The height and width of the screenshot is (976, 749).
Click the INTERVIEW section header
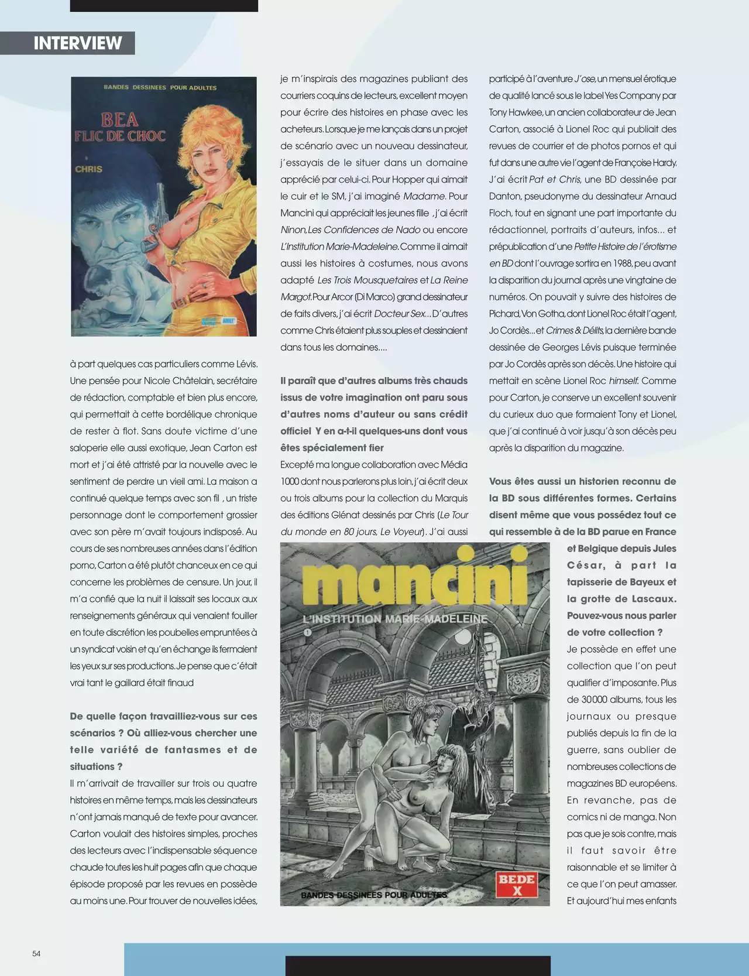[77, 43]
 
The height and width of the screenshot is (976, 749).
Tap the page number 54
[36, 953]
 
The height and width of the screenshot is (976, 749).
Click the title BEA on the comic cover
[120, 120]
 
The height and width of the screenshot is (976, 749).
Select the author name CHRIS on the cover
[88, 169]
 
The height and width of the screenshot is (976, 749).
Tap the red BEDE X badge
[517, 885]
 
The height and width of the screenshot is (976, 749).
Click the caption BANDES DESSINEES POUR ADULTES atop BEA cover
[160, 88]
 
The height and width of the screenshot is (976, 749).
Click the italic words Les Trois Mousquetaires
[367, 280]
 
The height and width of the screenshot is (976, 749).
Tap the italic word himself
[624, 381]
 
